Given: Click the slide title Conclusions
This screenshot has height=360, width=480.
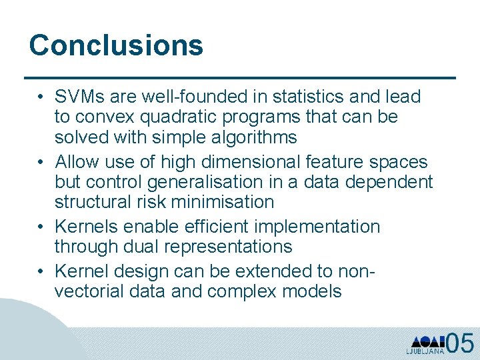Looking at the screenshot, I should coord(116,45).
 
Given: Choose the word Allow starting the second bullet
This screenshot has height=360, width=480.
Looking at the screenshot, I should coord(76,161).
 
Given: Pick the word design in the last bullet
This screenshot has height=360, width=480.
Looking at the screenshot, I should coord(143,271).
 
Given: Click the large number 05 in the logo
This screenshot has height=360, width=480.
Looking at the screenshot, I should coord(459,343).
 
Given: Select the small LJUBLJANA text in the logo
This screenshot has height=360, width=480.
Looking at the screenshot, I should coord(425,351).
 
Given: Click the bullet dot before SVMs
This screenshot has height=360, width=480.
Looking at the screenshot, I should coord(41,97).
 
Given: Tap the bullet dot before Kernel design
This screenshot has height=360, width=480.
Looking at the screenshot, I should coord(41,271).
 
